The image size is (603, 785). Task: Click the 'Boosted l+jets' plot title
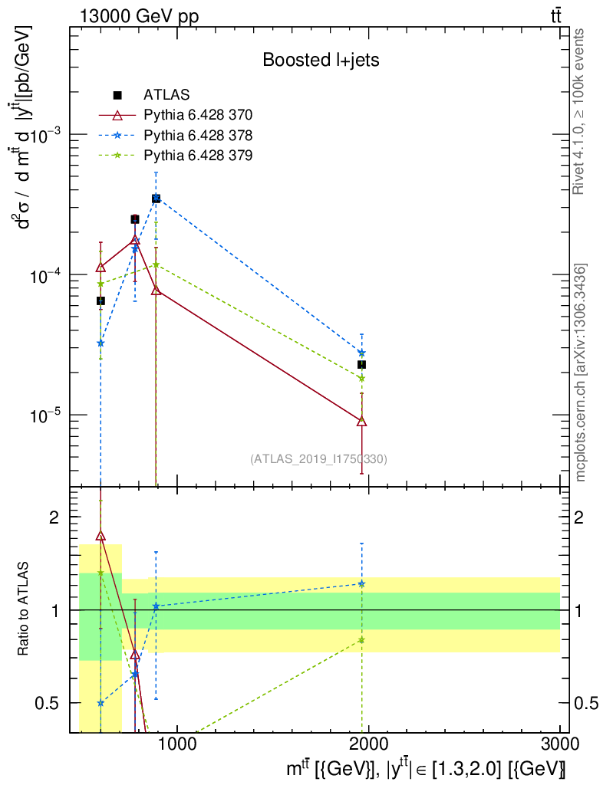(321, 60)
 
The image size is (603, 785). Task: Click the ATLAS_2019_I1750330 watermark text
(318, 459)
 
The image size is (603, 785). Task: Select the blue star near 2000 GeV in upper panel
(361, 353)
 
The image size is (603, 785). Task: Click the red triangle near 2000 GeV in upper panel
(361, 421)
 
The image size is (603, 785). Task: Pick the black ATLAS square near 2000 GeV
(361, 364)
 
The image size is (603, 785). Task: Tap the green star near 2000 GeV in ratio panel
(361, 639)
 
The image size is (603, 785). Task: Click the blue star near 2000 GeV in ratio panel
(361, 583)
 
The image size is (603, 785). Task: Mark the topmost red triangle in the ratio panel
(100, 536)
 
